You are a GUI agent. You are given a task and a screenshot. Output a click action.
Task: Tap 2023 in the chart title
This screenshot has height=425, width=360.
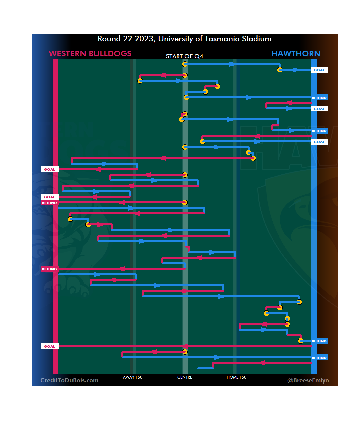point(144,39)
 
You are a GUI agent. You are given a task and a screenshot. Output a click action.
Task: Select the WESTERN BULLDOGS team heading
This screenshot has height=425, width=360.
point(90,54)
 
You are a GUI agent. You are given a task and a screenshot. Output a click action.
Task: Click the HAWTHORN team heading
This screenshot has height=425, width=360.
point(296,54)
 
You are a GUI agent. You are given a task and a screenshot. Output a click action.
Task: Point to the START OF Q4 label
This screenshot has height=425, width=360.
point(184,56)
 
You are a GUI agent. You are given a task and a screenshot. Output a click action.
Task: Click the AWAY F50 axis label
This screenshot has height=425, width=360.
point(133,377)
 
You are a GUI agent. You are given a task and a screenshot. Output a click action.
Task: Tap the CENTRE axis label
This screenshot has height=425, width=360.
point(185,377)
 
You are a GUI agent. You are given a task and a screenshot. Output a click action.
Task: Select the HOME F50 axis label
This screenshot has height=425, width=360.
point(236,377)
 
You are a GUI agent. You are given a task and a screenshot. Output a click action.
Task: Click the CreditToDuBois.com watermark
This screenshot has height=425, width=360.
point(69,380)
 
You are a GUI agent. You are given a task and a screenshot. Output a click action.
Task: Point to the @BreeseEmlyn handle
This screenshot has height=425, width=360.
point(308,380)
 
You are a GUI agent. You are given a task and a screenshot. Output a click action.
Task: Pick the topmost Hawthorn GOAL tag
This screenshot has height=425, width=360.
point(319,70)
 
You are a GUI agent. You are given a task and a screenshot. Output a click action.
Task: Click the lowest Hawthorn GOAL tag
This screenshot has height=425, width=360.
point(319,142)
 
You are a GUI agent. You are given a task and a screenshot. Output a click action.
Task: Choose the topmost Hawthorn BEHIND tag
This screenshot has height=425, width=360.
point(319,98)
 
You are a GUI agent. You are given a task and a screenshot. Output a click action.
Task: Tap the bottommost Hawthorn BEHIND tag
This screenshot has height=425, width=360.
point(319,358)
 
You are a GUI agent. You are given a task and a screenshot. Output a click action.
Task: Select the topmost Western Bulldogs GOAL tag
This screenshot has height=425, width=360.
point(50,169)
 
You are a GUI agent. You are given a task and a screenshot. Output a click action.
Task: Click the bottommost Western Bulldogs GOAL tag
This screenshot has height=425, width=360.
point(50,346)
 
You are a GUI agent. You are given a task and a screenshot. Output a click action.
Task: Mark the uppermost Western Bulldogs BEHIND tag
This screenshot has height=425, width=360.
point(49,203)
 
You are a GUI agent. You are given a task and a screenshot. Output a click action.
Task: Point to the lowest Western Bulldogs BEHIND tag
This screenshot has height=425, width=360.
point(49,269)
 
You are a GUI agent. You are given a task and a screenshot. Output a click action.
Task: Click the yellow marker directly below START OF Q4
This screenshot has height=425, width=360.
point(185,64)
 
